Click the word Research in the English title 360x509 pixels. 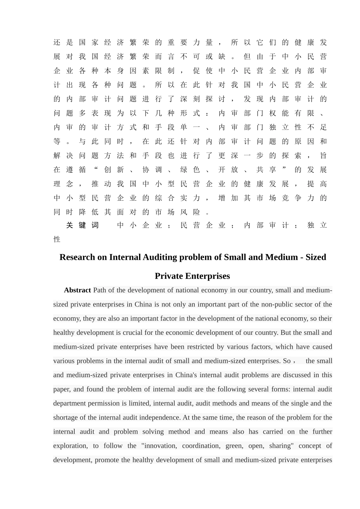point(78,258)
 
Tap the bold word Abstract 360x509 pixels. point(77,290)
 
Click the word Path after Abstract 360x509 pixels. point(100,290)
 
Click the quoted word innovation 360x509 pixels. point(160,446)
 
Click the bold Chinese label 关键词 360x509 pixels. point(82,225)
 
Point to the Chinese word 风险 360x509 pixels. point(190,212)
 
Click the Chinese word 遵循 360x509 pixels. point(76,170)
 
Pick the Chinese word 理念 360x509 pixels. point(63,184)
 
